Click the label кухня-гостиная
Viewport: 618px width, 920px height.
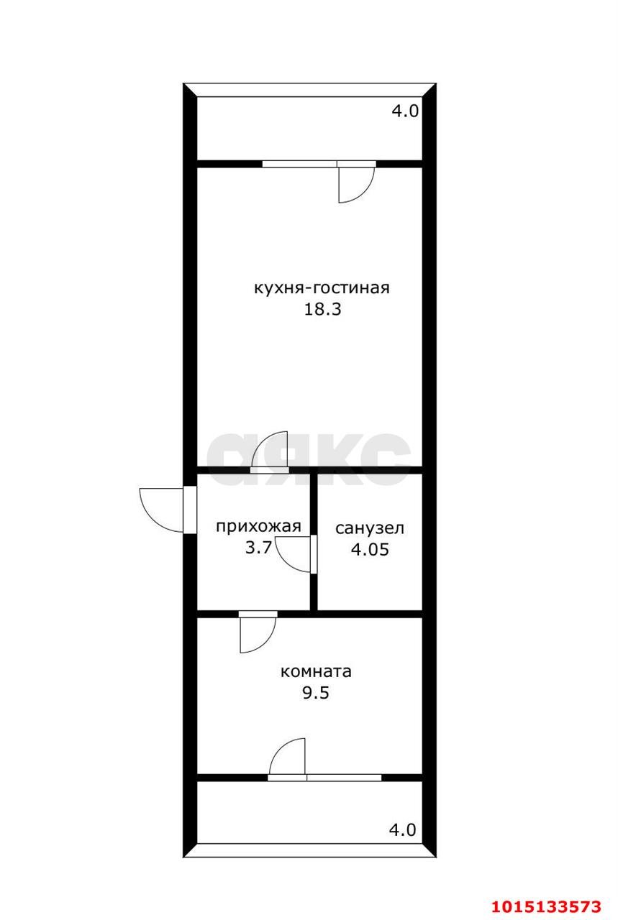coord(322,288)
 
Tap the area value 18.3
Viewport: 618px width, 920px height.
coord(322,309)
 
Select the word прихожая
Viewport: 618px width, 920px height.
coord(258,526)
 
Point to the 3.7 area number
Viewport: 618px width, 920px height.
coord(258,548)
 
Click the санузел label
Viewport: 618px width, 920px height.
coord(370,528)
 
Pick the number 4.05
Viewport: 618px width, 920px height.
coord(370,550)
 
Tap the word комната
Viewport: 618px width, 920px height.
coord(316,672)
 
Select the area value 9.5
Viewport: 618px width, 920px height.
coord(316,693)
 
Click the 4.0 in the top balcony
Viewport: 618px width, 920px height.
coord(405,111)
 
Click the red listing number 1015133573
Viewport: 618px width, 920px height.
coord(547,903)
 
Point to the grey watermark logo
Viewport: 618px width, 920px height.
coord(309,459)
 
